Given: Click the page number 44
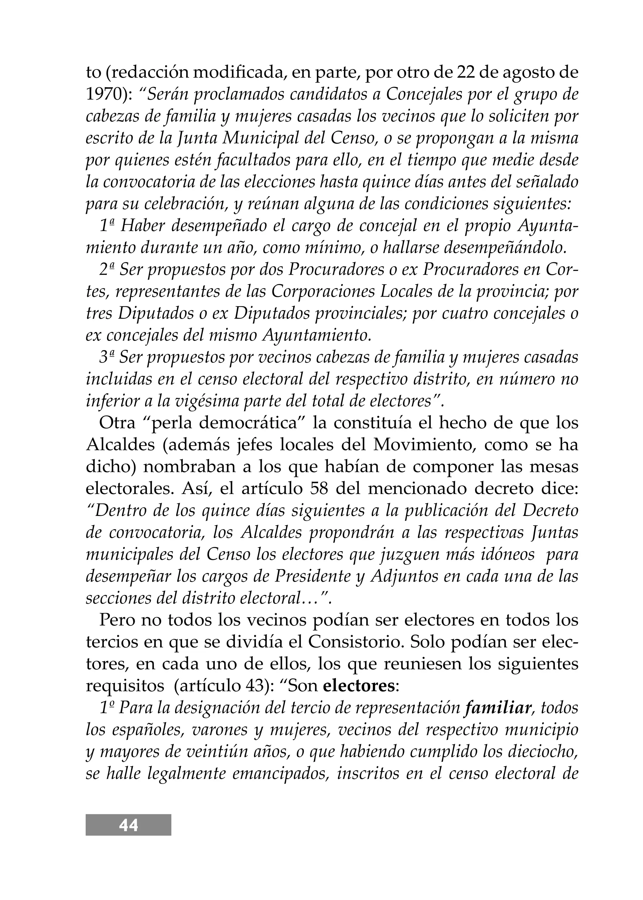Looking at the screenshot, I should pyautogui.click(x=128, y=826).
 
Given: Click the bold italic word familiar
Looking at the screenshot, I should pyautogui.click(x=498, y=708).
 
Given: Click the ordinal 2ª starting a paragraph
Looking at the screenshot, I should pyautogui.click(x=106, y=270).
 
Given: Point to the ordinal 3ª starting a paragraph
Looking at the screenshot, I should pyautogui.click(x=106, y=357).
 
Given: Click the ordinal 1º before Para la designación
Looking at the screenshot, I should pyautogui.click(x=106, y=708).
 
